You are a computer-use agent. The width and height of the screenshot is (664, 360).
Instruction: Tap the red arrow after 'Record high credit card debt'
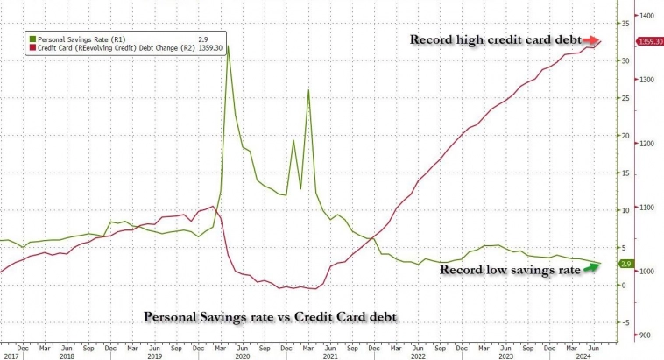tap(593, 39)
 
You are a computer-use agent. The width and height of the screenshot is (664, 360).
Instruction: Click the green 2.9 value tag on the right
tap(625, 264)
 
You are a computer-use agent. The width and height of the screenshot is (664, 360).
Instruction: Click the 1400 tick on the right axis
tap(647, 16)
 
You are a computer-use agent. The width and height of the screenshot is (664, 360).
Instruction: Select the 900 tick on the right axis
tap(645, 335)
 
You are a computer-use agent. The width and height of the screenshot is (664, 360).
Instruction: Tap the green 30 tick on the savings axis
tap(624, 60)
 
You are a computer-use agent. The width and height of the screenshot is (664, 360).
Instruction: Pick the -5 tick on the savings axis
tap(624, 322)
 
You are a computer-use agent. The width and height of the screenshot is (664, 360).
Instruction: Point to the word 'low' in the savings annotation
tap(496, 270)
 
